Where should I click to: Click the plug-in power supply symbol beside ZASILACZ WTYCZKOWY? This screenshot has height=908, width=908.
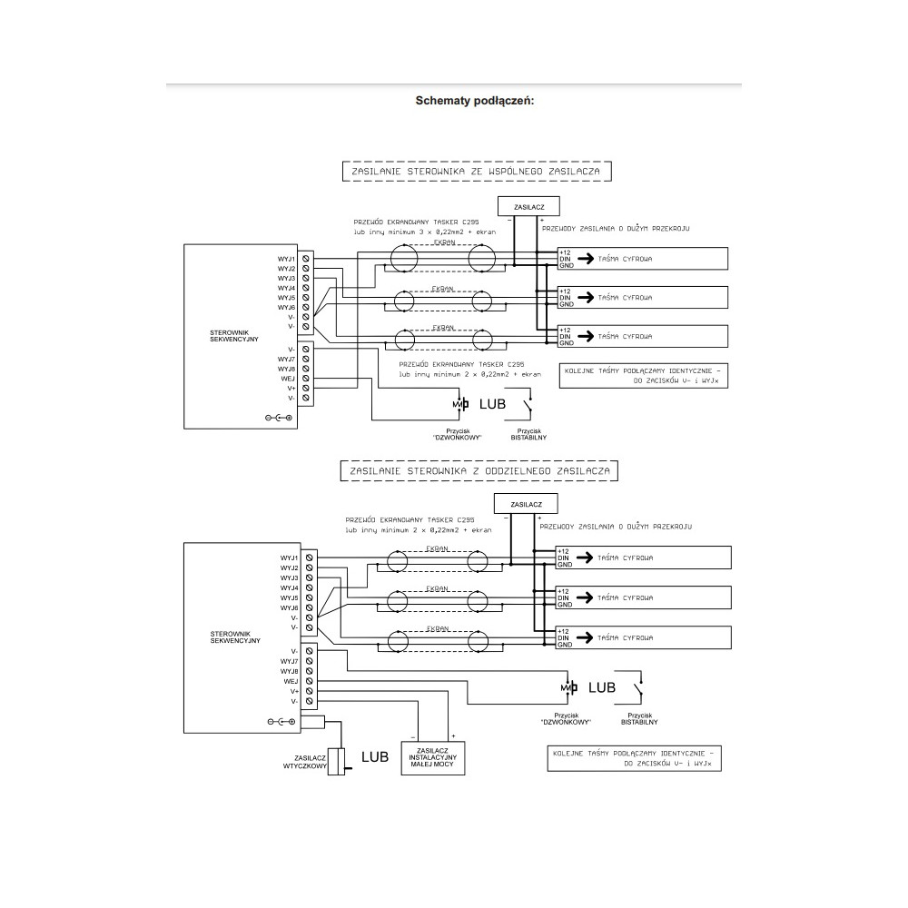(338, 761)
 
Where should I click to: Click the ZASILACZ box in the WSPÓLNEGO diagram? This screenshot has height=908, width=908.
(528, 206)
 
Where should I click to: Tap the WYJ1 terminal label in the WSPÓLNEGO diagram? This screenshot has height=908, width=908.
(287, 260)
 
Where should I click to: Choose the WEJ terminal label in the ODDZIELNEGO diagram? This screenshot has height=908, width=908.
(291, 680)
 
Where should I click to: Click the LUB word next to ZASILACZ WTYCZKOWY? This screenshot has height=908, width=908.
(375, 756)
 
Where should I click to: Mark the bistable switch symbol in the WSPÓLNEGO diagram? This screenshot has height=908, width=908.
(525, 402)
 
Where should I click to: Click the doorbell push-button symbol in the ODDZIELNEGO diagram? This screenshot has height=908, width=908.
(569, 688)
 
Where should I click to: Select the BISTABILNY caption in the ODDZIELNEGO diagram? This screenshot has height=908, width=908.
(639, 724)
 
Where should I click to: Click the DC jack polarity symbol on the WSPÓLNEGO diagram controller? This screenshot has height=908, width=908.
(279, 417)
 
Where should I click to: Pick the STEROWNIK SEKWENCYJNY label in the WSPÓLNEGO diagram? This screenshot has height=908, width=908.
(234, 337)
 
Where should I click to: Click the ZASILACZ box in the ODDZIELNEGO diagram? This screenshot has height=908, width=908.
(526, 503)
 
